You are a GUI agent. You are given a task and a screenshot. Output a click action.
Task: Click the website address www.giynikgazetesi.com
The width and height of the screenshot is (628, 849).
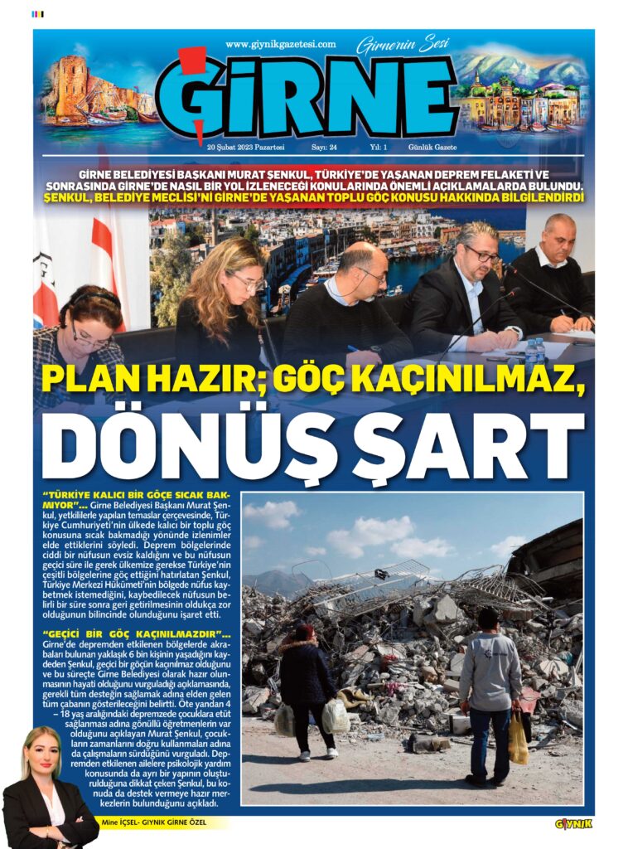click(280, 45)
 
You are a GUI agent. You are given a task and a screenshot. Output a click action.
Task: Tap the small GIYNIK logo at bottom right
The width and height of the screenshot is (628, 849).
click(573, 823)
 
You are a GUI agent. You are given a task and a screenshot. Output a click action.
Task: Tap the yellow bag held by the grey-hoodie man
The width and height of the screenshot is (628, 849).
click(519, 739)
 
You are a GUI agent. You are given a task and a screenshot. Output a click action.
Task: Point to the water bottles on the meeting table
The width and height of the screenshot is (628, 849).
click(534, 352)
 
